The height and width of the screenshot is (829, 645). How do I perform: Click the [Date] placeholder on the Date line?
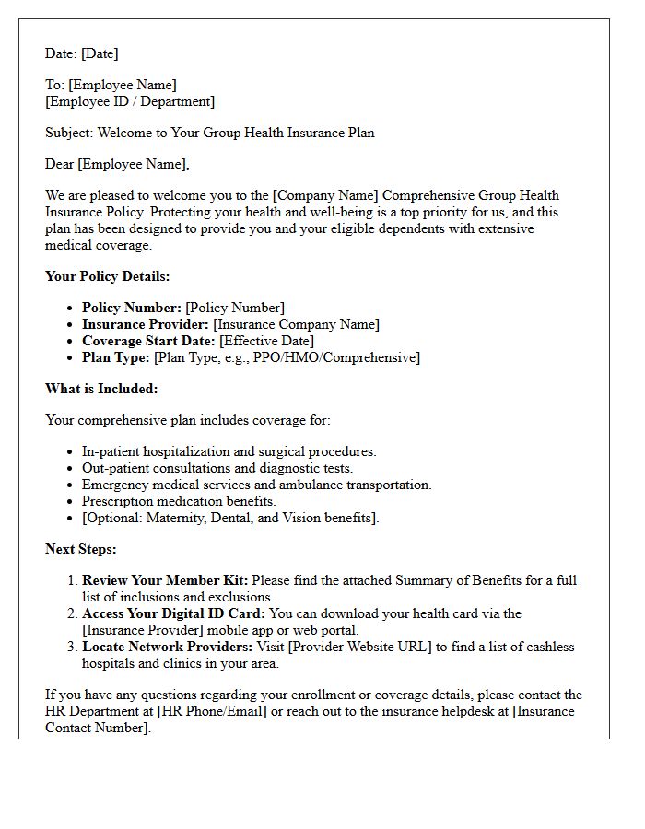(100, 53)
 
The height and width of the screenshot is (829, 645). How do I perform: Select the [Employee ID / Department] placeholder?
(130, 101)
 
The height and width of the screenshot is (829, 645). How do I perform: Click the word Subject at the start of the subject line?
(69, 133)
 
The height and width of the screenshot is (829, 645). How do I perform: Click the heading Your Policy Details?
(108, 276)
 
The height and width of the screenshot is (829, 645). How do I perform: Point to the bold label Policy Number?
(132, 308)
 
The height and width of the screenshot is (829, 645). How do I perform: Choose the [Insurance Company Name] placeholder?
(296, 324)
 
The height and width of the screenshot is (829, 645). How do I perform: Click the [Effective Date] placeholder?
(266, 341)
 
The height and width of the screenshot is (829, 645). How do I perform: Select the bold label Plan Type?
(116, 357)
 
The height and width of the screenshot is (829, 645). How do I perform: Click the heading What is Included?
(101, 389)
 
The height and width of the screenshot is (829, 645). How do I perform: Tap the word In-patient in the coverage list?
(111, 451)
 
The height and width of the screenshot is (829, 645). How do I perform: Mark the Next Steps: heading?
(81, 549)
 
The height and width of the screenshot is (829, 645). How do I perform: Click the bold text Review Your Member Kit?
(165, 580)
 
